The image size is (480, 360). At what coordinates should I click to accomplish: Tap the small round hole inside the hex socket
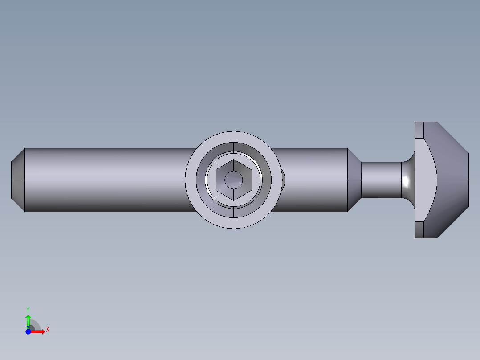tap(233, 180)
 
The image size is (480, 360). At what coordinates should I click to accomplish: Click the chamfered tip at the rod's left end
tap(17, 180)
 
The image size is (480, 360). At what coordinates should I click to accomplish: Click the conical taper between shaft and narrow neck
tap(354, 180)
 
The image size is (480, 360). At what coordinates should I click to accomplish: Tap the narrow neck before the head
tap(381, 180)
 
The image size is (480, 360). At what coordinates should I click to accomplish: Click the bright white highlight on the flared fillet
tap(406, 180)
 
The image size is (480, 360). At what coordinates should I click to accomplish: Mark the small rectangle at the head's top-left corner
tap(419, 130)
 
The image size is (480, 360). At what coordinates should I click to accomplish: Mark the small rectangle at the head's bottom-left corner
tap(419, 230)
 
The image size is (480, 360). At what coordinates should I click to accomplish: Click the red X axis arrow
tap(38, 331)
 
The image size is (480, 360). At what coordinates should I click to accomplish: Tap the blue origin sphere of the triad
tap(28, 331)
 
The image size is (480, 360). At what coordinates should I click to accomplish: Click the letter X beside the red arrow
tap(47, 330)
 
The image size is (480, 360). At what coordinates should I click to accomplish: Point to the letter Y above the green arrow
tap(28, 309)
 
